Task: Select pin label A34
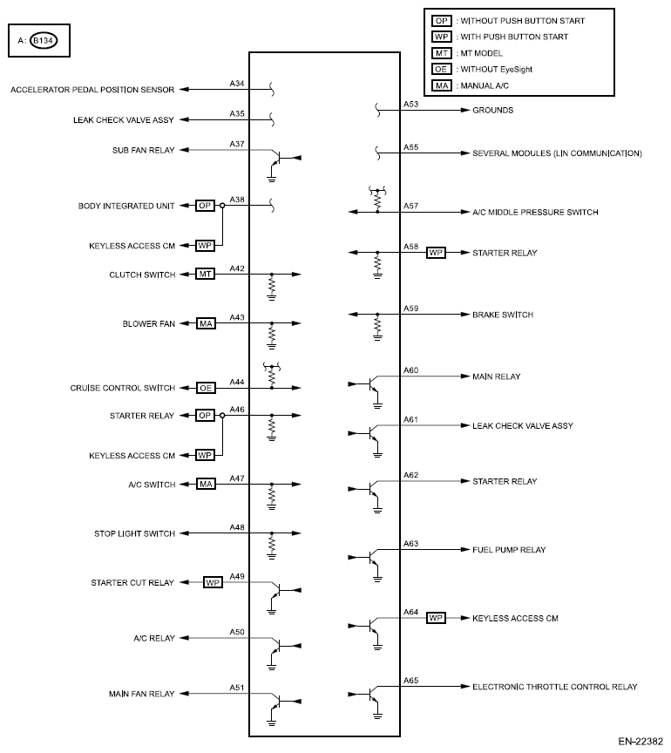(236, 84)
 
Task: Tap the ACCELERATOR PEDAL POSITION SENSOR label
(93, 90)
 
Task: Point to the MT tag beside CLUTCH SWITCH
(206, 275)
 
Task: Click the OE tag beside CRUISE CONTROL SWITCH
(206, 388)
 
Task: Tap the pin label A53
(410, 105)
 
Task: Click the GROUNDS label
(492, 111)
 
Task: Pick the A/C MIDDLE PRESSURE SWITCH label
(535, 212)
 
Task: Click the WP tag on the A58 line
(436, 253)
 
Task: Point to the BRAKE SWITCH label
(502, 314)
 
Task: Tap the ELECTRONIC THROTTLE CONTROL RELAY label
(554, 687)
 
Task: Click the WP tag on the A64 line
(436, 618)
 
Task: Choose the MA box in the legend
(442, 86)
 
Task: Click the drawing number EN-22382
(642, 742)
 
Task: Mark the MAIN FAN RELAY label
(142, 694)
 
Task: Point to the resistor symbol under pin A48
(272, 545)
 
